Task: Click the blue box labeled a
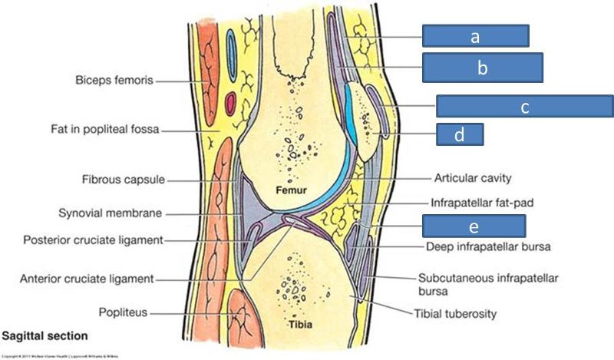pos(475,35)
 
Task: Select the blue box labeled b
pos(482,68)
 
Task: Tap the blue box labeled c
pos(524,107)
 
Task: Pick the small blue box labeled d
pos(459,134)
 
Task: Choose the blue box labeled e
pos(474,226)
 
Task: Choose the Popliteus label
pos(122,312)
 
